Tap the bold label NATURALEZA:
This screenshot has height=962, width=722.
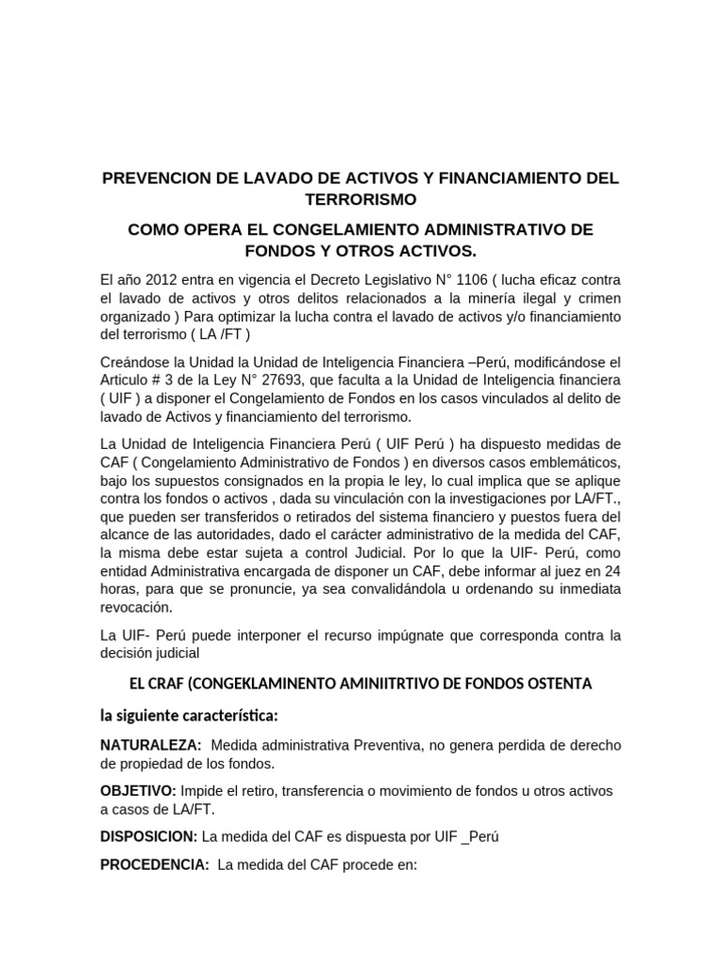pyautogui.click(x=150, y=745)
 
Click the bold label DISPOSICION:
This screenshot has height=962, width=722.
pyautogui.click(x=149, y=836)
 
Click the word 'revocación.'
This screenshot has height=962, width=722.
pyautogui.click(x=140, y=607)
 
